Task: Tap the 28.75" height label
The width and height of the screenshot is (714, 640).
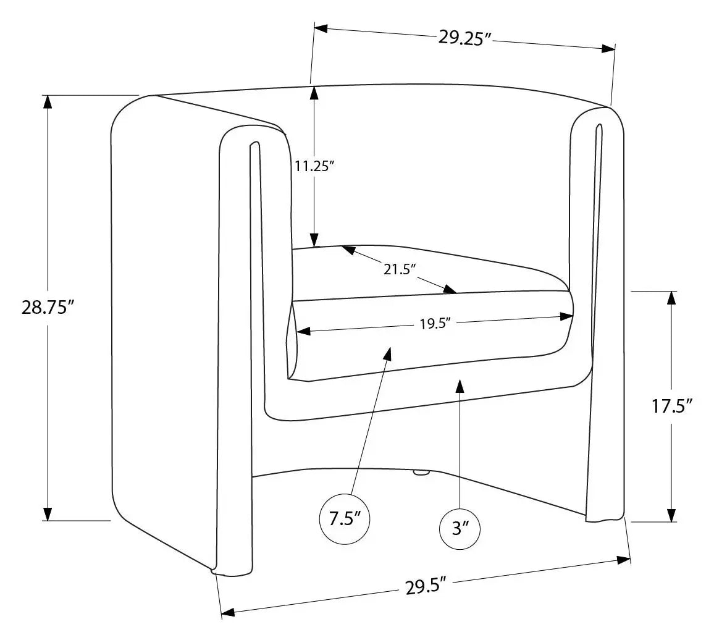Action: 48,308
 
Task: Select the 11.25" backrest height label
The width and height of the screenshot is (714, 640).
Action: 314,166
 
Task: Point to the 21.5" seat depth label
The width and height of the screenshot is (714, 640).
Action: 400,269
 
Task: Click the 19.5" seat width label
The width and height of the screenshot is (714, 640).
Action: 435,324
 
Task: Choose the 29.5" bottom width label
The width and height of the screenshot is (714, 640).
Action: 425,587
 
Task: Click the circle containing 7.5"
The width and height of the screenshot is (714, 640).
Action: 345,519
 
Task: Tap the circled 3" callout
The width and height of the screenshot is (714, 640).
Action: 460,529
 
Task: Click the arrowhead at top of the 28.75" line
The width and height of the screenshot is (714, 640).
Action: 47,102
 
